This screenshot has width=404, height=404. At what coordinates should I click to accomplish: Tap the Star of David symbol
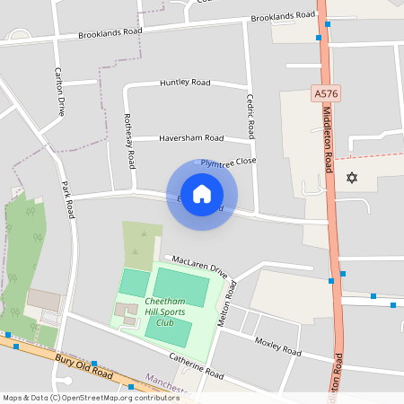pos(351,178)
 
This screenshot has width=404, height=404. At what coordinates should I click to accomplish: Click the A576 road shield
pos(326,93)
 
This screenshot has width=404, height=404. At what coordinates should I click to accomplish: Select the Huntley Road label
pos(185,83)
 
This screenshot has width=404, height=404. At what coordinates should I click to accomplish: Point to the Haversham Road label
pos(190,138)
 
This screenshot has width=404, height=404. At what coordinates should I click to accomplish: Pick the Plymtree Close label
pos(228,162)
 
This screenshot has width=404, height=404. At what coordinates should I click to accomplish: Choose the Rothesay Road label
pos(130,141)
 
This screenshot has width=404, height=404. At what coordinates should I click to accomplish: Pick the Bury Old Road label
pos(83,367)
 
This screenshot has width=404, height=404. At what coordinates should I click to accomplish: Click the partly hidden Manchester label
pos(164,384)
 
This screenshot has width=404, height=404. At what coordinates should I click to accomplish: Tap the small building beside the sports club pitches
pos(126,313)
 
